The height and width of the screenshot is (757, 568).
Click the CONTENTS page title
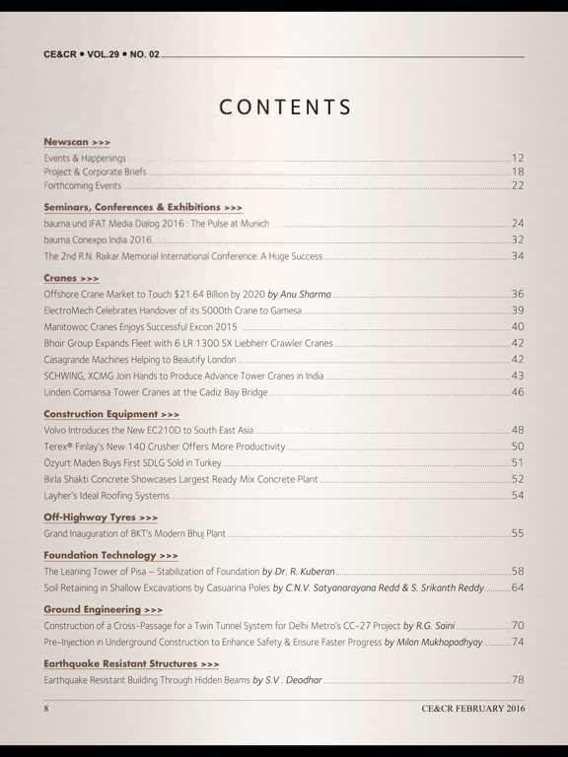click(284, 106)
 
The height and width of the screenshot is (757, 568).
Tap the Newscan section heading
click(76, 141)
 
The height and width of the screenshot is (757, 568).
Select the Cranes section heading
click(71, 279)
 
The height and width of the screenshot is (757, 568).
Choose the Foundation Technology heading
click(110, 554)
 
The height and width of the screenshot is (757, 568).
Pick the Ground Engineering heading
click(104, 610)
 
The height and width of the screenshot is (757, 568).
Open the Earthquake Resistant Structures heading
click(131, 664)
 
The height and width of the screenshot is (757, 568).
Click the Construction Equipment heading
click(111, 413)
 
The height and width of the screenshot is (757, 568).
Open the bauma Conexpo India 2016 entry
click(98, 240)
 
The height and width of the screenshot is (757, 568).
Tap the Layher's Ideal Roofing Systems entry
click(106, 495)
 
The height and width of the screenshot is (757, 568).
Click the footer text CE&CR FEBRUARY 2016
click(472, 709)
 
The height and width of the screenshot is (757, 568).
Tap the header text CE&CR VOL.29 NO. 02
click(101, 55)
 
